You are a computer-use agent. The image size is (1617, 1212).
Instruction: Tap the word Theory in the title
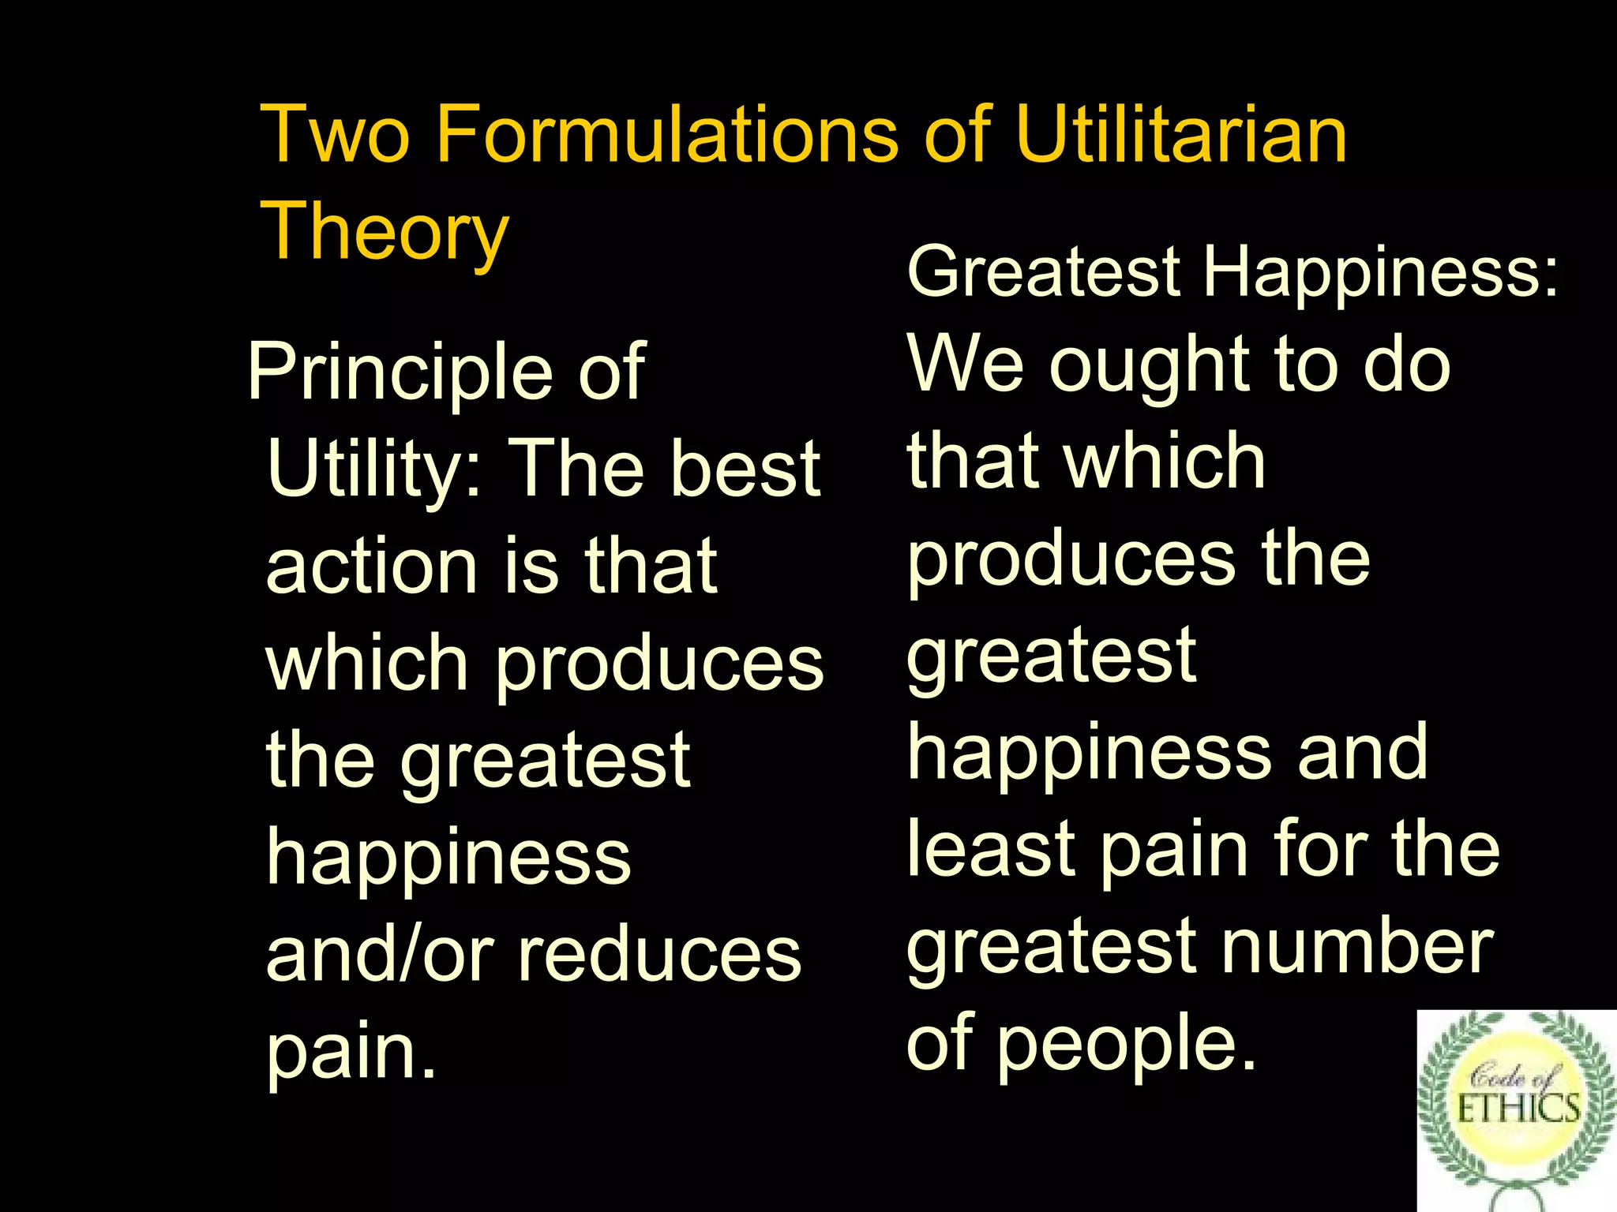point(385,230)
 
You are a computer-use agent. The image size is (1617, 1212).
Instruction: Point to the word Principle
point(400,373)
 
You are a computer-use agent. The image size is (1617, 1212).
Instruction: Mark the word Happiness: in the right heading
point(1380,272)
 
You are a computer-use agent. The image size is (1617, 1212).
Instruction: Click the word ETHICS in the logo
point(1517,1108)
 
